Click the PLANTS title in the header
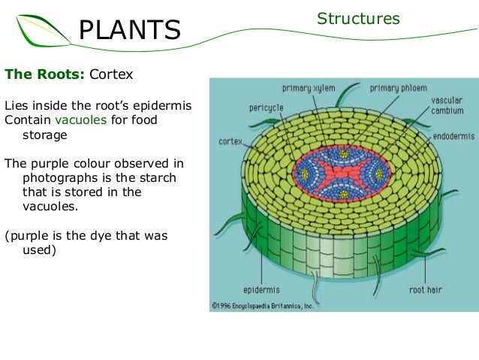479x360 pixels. click(130, 30)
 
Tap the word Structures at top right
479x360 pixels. click(357, 18)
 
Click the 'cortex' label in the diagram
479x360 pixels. click(230, 141)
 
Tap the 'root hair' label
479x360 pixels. click(425, 289)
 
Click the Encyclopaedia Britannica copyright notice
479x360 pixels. click(262, 305)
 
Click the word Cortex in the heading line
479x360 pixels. click(111, 75)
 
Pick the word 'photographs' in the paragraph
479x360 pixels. click(57, 178)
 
